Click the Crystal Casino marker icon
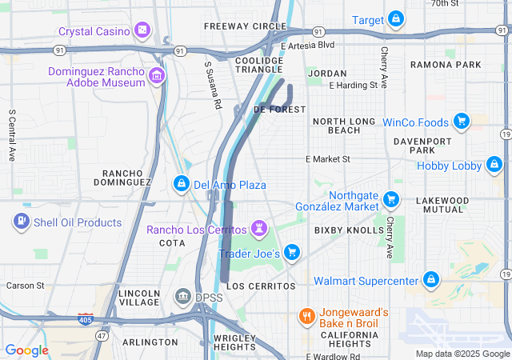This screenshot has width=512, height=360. tap(142, 30)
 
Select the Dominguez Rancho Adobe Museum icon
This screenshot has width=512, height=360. tap(157, 77)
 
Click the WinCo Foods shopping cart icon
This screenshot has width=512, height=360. tap(461, 122)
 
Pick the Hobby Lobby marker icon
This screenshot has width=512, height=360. tap(495, 166)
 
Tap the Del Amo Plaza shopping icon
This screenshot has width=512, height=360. tap(182, 185)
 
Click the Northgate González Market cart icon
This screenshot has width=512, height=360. tap(391, 199)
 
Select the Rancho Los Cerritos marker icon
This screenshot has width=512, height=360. tap(259, 230)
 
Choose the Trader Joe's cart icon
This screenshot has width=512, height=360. tap(292, 253)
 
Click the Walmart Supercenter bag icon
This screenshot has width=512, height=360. tap(431, 280)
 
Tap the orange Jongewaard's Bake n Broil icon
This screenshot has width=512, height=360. tap(306, 317)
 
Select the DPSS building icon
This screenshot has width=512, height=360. tap(182, 298)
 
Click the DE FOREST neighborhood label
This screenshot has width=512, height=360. tap(279, 109)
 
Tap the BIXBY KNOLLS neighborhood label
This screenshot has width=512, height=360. tap(349, 230)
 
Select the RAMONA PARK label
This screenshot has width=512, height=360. tap(446, 64)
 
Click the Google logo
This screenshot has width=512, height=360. tap(26, 350)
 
